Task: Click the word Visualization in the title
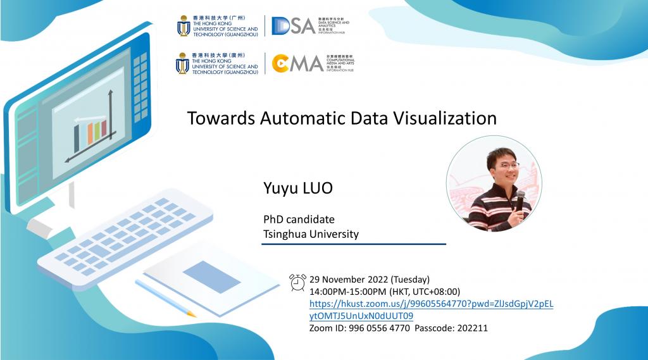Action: click(441, 118)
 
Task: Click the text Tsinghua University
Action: click(311, 234)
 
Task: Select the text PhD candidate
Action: click(299, 220)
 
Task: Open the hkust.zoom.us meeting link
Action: click(431, 304)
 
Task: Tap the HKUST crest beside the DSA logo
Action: click(184, 25)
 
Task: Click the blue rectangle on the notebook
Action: click(211, 276)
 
